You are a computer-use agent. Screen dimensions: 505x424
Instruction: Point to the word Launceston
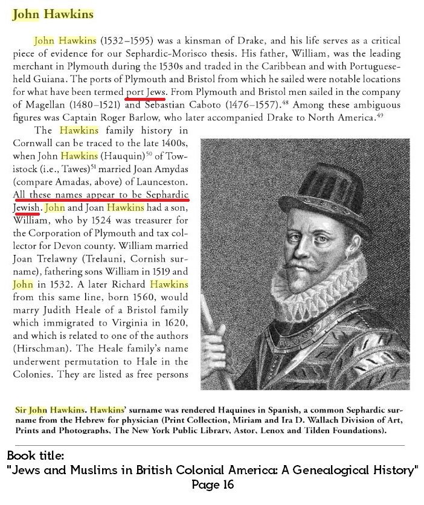[x=161, y=181]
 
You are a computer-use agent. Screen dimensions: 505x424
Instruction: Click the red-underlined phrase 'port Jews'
[x=147, y=92]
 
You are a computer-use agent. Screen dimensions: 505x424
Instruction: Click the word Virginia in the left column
[x=130, y=323]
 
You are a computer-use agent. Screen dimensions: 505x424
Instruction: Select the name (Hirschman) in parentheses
[x=40, y=349]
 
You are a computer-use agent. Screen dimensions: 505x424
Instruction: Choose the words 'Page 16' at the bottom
[x=212, y=484]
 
